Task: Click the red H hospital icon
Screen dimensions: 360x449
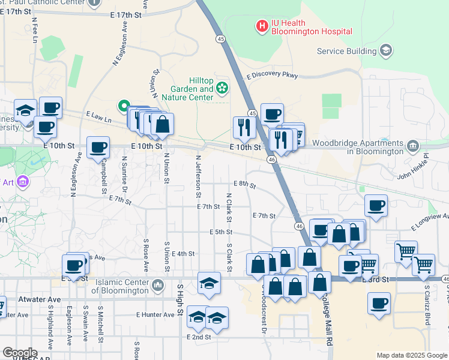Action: click(x=262, y=26)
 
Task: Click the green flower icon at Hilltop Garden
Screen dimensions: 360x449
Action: click(x=222, y=89)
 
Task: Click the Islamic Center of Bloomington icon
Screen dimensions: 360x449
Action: click(x=158, y=284)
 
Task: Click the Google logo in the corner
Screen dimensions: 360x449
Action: click(x=19, y=353)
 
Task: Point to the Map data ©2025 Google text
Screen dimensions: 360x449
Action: click(x=412, y=355)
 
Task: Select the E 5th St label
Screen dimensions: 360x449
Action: click(x=221, y=232)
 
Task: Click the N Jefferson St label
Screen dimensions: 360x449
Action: click(x=197, y=176)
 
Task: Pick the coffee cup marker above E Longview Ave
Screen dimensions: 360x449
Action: click(x=376, y=205)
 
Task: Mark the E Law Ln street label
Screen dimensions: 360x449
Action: click(x=99, y=115)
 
